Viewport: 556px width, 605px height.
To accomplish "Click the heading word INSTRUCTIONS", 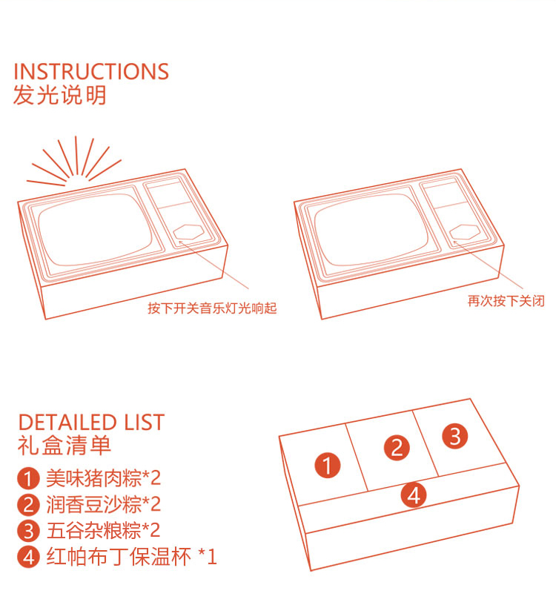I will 91,72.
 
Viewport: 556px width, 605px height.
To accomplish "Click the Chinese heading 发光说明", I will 60,96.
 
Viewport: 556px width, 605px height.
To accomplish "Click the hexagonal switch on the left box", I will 189,233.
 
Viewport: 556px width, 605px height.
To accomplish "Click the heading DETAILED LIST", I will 91,423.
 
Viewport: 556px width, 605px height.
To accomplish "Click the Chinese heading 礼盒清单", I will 64,446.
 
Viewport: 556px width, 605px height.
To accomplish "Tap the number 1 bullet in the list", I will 28,477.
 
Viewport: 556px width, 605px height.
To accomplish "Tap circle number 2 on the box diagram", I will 397,448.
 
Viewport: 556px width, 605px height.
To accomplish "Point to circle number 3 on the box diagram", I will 455,436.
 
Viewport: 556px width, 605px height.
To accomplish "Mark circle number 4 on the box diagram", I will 414,495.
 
